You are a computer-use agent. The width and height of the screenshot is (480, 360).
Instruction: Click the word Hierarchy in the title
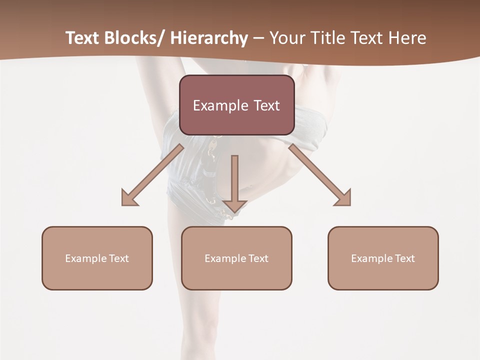point(209,38)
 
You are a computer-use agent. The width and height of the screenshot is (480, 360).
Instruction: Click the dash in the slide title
point(258,38)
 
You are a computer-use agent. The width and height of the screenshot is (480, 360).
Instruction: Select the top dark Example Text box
point(236,105)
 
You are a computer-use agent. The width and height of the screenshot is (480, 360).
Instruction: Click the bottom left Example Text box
point(97,258)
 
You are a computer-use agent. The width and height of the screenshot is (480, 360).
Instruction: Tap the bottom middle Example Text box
point(236,258)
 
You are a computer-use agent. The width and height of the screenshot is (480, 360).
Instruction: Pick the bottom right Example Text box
point(383,258)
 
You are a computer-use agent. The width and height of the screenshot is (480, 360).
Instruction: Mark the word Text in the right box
point(405,258)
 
